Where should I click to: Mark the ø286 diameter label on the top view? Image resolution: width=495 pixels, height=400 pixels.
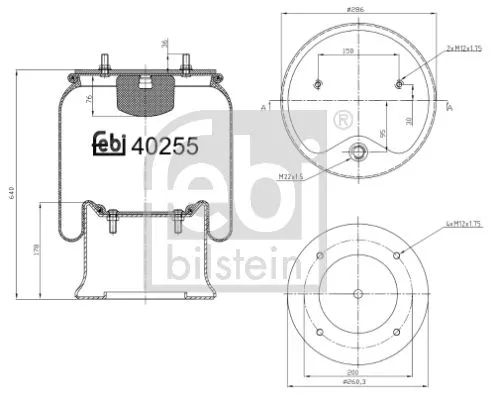pos(357,8)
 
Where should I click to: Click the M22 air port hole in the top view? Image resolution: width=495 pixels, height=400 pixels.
pos(357,153)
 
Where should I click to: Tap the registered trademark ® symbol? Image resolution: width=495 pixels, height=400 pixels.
pos(341,121)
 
